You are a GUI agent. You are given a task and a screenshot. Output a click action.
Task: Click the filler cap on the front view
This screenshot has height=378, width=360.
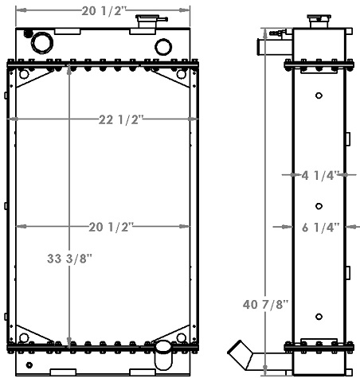(x=147, y=23)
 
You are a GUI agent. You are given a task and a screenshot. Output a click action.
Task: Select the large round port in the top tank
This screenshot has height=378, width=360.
(x=41, y=41)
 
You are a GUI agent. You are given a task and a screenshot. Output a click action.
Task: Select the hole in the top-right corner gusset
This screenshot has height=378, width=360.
(x=182, y=75)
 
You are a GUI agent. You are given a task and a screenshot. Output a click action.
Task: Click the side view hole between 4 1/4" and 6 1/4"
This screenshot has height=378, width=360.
(x=319, y=201)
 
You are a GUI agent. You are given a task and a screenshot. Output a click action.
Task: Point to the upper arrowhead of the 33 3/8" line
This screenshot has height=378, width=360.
(x=71, y=65)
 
